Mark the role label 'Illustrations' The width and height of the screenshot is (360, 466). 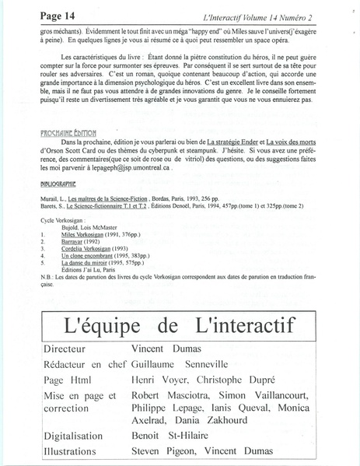[80, 450]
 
